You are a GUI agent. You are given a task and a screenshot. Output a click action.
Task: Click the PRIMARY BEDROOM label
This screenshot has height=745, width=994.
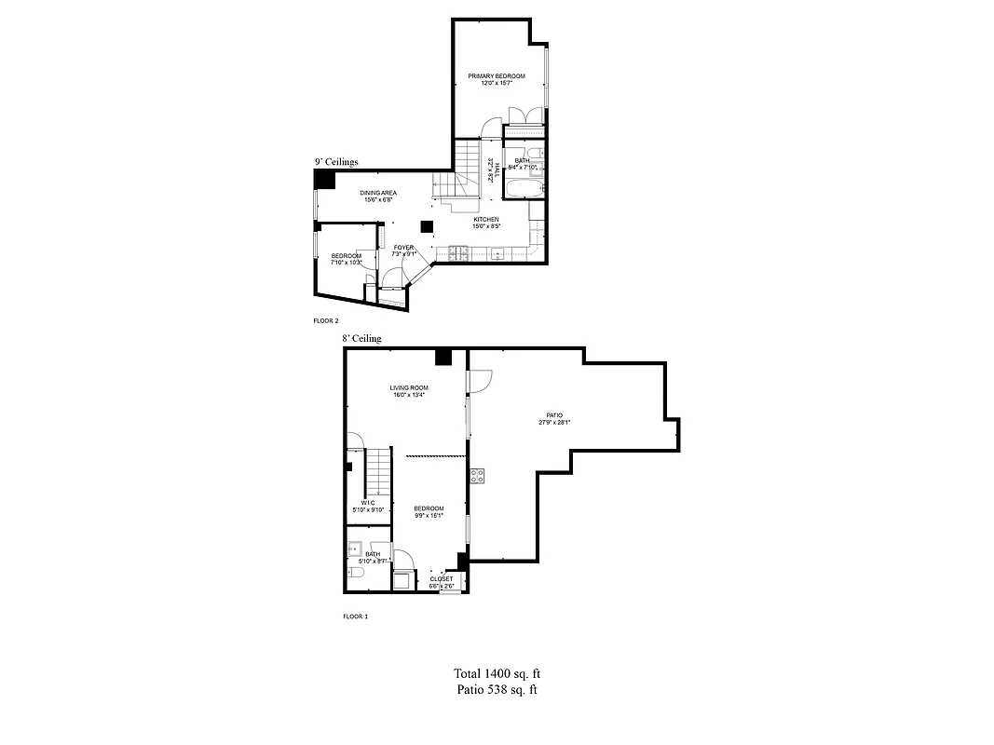(x=497, y=75)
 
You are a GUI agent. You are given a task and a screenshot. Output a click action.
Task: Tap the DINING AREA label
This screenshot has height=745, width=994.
(x=379, y=193)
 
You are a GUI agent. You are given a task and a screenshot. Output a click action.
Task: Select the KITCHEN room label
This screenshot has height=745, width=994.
(x=486, y=220)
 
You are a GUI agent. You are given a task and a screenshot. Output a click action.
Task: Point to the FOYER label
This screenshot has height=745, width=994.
(x=403, y=248)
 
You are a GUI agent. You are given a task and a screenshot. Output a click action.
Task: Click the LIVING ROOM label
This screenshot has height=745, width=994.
(x=408, y=387)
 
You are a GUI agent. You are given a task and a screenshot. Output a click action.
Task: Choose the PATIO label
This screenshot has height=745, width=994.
(x=553, y=415)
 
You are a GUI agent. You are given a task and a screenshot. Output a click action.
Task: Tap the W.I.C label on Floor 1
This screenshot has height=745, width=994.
(x=368, y=503)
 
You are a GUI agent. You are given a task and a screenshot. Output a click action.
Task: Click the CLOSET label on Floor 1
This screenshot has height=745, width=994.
(x=442, y=578)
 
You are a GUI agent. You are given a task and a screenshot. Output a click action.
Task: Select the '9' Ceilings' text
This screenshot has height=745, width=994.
(x=336, y=161)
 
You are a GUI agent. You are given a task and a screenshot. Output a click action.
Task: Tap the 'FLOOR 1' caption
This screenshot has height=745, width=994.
(x=355, y=616)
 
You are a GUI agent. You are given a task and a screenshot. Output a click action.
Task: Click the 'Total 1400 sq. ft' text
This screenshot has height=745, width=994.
(x=497, y=673)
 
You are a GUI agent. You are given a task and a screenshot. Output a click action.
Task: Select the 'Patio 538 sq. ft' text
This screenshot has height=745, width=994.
(x=497, y=690)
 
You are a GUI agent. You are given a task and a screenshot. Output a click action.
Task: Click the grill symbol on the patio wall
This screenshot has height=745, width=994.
(x=477, y=475)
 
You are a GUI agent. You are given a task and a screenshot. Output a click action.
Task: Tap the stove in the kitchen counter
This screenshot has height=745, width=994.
(x=457, y=251)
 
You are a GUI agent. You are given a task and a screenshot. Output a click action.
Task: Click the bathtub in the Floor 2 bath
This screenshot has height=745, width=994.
(x=520, y=188)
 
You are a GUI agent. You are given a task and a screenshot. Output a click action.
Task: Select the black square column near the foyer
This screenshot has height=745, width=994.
(x=427, y=226)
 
